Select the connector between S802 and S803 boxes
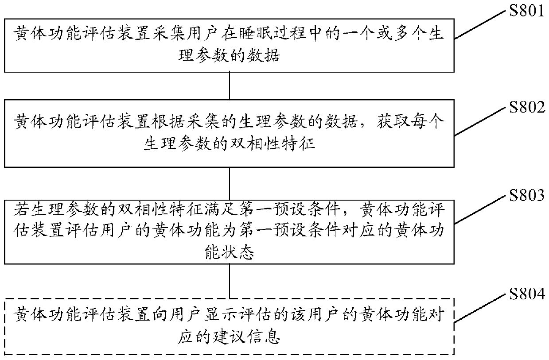tap(230, 184)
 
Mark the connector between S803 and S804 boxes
tap(230, 283)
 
